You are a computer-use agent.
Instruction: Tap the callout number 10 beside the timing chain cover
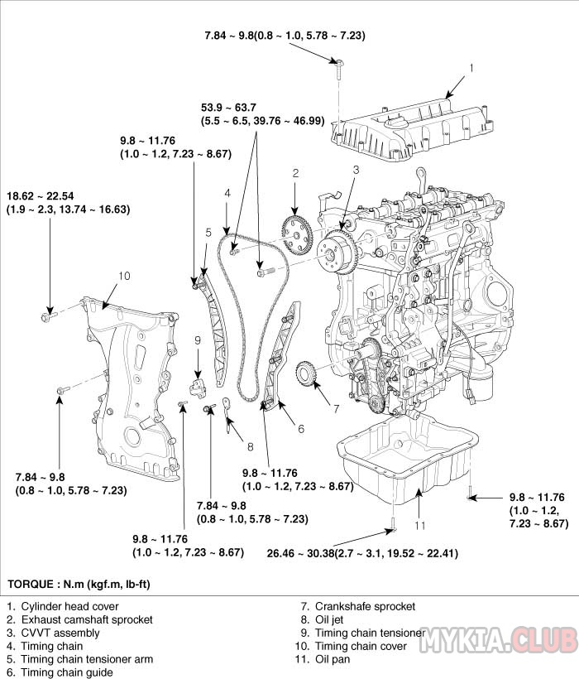tap(125, 275)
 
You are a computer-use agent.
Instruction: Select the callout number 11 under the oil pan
tap(420, 524)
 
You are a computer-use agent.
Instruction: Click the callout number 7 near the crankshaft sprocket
tap(337, 408)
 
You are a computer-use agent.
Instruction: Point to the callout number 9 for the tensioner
tap(199, 339)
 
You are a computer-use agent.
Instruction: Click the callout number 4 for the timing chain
tap(227, 193)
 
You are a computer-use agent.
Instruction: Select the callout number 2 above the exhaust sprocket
tap(294, 173)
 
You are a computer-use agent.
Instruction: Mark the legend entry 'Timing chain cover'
tap(361, 646)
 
